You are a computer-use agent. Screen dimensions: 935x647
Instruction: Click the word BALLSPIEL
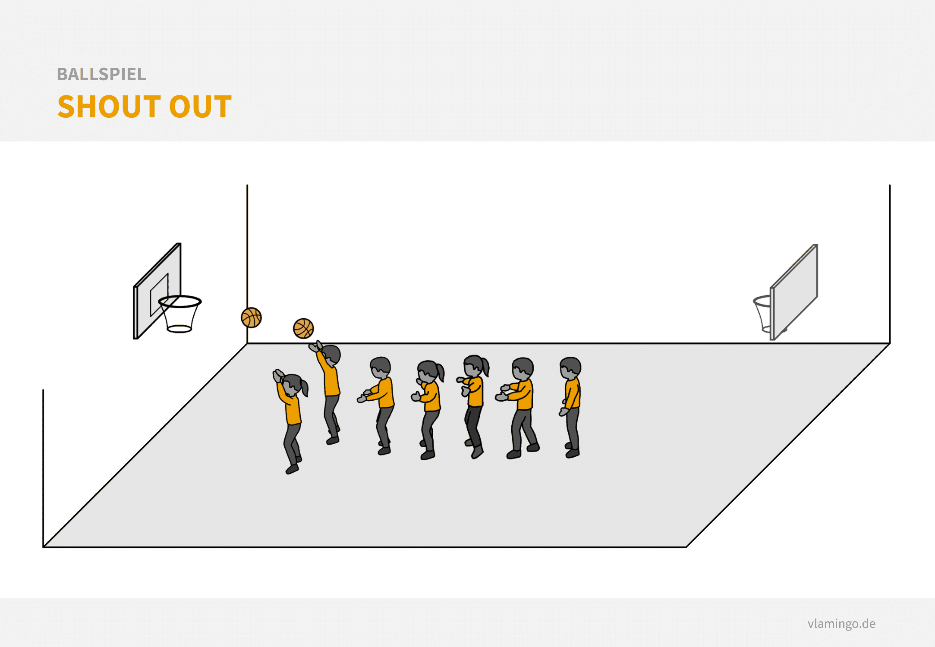click(101, 74)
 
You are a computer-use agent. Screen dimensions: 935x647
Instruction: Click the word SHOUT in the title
click(108, 107)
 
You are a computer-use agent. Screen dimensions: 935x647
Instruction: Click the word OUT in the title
click(201, 107)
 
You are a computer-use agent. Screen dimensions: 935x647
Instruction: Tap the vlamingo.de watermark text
click(841, 623)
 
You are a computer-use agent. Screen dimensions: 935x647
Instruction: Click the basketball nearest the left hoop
click(252, 317)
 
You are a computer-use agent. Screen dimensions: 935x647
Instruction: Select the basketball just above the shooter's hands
click(303, 329)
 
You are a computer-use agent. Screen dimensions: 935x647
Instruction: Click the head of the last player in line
click(570, 368)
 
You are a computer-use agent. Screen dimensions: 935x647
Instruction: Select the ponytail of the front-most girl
click(304, 387)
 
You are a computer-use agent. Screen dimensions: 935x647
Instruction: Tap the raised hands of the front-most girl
click(278, 375)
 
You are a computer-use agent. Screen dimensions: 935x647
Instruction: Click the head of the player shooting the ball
click(331, 355)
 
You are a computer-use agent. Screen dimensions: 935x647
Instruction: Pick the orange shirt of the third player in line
click(383, 393)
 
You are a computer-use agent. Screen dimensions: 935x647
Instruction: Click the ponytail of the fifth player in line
click(486, 367)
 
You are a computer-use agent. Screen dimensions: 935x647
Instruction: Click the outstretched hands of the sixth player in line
click(502, 393)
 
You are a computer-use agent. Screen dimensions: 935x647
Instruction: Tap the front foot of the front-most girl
click(292, 469)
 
